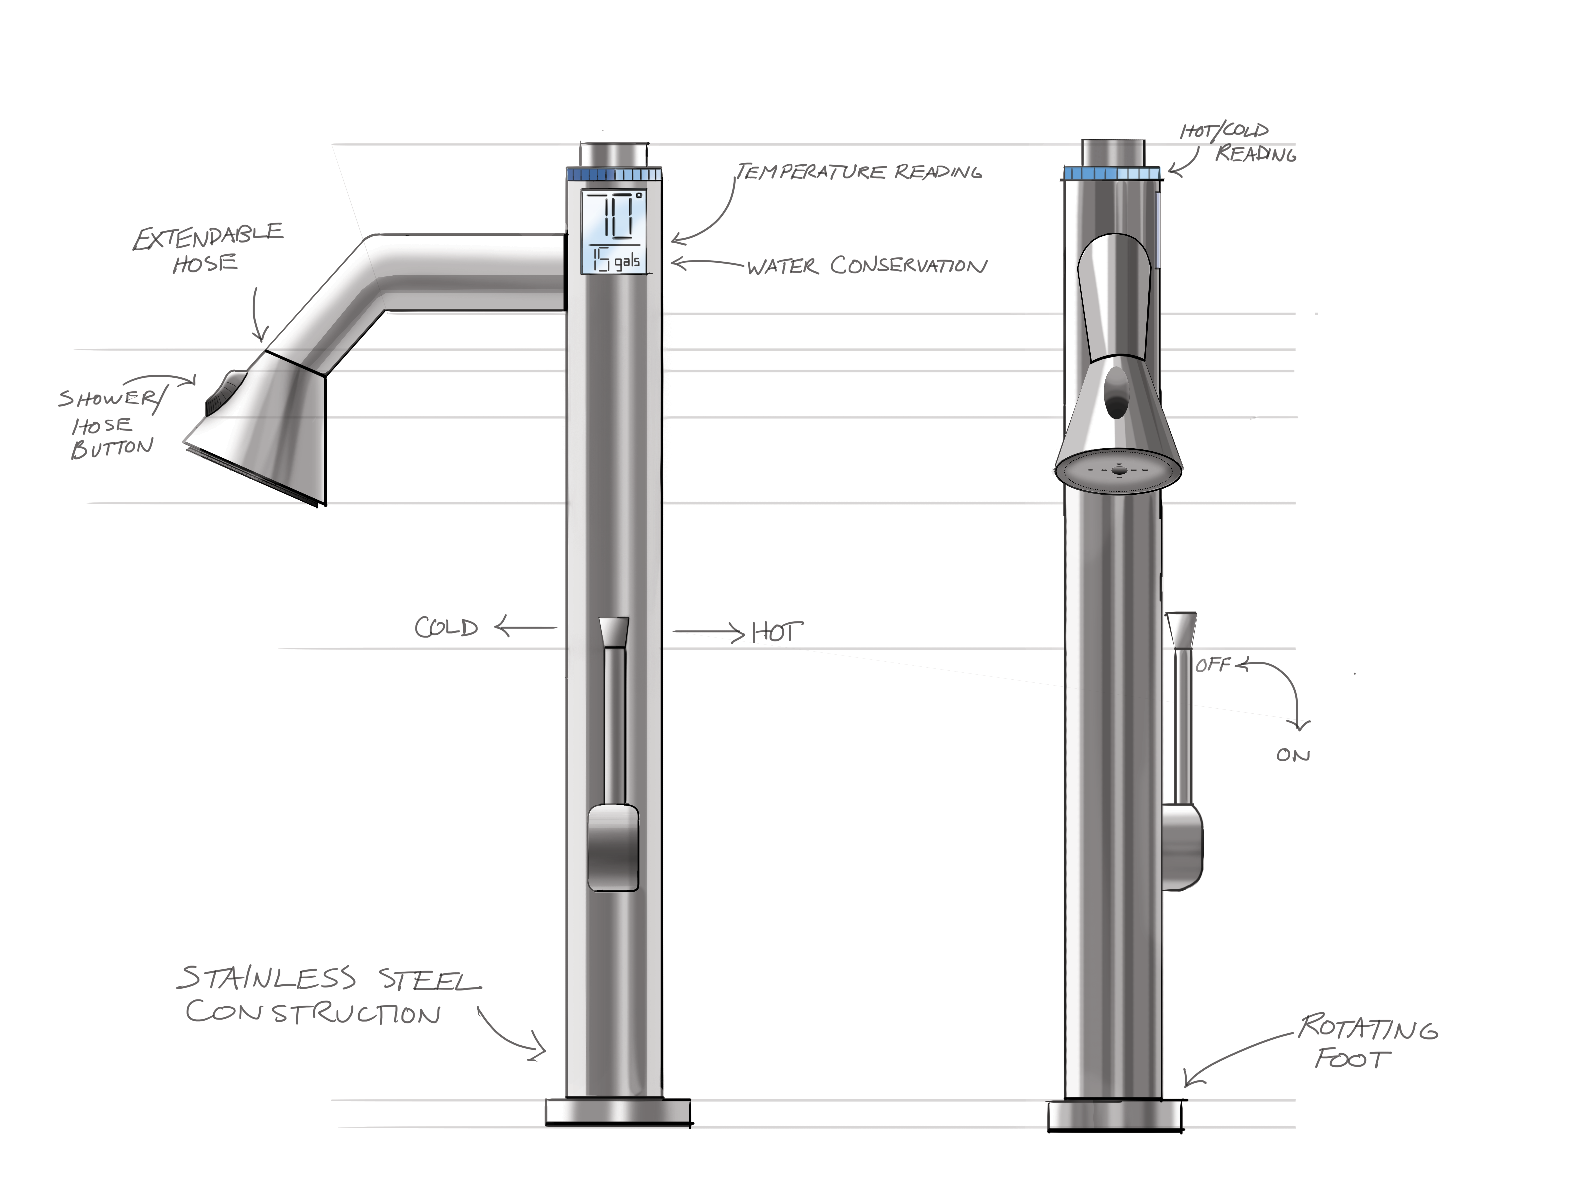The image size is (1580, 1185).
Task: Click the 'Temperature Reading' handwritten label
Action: pyautogui.click(x=859, y=172)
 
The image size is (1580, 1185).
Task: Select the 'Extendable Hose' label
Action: pyautogui.click(x=207, y=248)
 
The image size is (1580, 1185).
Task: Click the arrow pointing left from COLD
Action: pyautogui.click(x=525, y=628)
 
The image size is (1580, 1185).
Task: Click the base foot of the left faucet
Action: pyautogui.click(x=618, y=1112)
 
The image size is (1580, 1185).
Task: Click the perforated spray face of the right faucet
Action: pyautogui.click(x=1118, y=471)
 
